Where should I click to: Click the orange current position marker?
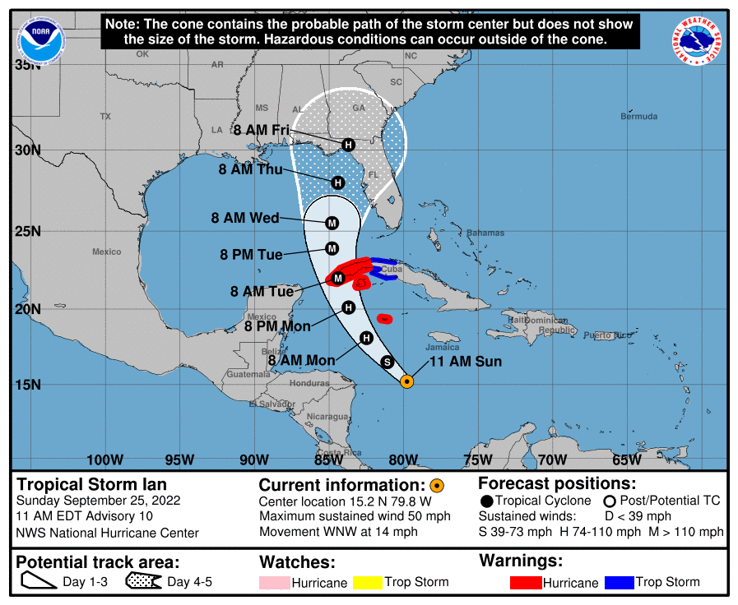(x=406, y=381)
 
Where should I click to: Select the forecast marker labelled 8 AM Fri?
(x=348, y=145)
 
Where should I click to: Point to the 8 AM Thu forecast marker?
(x=337, y=182)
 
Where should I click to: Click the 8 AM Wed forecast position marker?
(x=332, y=223)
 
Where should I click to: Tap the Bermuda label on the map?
(x=638, y=117)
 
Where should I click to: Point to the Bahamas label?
(x=485, y=233)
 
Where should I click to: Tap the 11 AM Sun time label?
(x=466, y=361)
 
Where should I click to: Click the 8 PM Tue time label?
(x=251, y=255)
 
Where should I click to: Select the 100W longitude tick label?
(x=104, y=460)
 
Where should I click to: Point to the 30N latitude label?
(x=28, y=150)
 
